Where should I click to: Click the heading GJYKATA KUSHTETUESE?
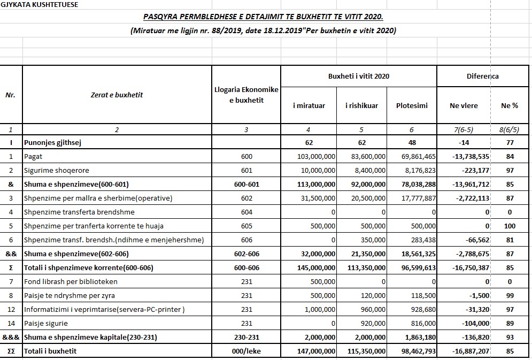[x=40, y=5]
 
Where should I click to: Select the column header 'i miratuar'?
[x=309, y=105]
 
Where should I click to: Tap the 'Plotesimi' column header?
[x=412, y=105]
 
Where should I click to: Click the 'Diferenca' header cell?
[x=482, y=76]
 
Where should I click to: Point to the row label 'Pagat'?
[x=33, y=156]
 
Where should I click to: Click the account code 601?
[x=246, y=170]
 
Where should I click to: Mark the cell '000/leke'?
[x=246, y=351]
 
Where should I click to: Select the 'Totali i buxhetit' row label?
[x=50, y=351]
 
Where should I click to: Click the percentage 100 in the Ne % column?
[x=510, y=226]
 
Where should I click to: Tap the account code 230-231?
[x=246, y=337]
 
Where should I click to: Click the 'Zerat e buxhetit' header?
[x=117, y=95]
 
